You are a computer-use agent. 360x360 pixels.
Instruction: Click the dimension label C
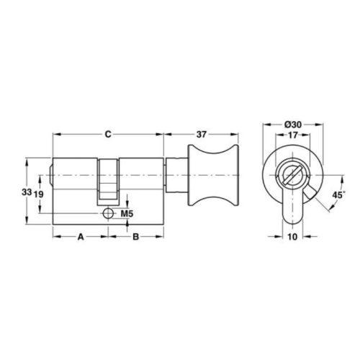108,135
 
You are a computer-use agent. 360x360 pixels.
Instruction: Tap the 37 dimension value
202,135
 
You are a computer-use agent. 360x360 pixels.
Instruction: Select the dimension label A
81,237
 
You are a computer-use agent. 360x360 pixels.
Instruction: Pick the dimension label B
136,237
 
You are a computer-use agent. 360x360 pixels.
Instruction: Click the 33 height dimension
27,192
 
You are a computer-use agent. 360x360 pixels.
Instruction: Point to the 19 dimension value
38,194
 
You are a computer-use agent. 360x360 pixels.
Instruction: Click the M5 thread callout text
127,213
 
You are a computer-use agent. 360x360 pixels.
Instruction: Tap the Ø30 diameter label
293,125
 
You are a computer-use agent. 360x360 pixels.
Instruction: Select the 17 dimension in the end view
293,135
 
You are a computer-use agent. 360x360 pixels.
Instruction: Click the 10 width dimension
292,237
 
